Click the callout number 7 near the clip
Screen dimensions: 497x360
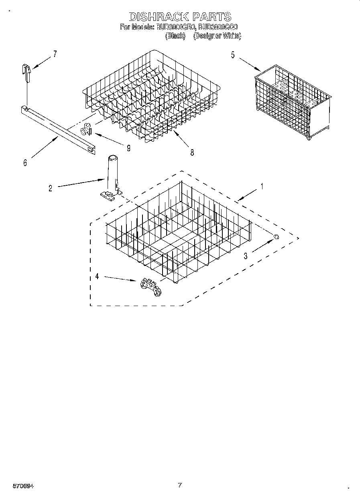(55, 53)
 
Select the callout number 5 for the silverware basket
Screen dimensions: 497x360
(233, 55)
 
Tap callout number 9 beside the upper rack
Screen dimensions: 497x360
(128, 148)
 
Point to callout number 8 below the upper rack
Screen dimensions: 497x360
(192, 152)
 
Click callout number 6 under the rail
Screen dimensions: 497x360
(25, 163)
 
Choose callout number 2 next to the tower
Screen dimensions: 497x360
(50, 188)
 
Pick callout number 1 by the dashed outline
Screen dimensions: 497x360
(262, 187)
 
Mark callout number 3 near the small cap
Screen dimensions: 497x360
(246, 256)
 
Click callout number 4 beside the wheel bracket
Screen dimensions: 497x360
(97, 276)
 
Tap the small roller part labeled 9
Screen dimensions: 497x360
(85, 130)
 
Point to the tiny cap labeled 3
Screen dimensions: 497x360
(276, 237)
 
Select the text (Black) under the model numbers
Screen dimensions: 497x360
(175, 36)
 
